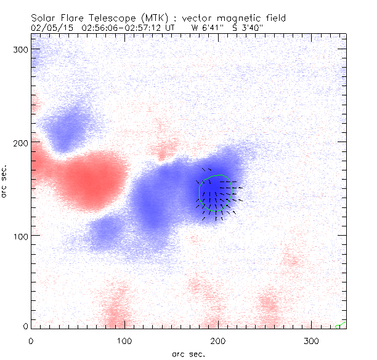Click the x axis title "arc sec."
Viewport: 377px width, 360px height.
188,354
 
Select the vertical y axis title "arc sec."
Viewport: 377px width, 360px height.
6,182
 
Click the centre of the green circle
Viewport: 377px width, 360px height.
216,193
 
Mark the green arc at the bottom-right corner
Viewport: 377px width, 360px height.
341,325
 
